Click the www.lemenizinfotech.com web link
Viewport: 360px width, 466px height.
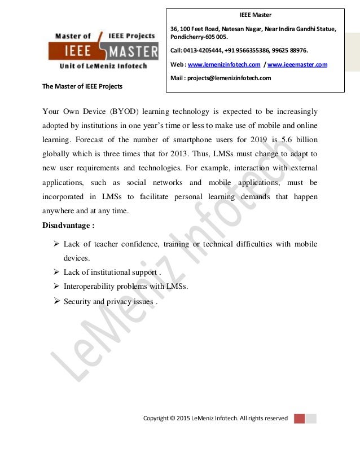point(223,65)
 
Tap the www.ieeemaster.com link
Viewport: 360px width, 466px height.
point(297,65)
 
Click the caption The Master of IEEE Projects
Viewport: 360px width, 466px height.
point(82,86)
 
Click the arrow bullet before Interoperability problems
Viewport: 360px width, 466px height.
point(56,286)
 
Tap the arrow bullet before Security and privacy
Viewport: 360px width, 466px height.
point(56,301)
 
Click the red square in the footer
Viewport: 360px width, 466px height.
point(299,419)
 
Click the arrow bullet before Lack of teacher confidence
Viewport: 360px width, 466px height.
point(56,244)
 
